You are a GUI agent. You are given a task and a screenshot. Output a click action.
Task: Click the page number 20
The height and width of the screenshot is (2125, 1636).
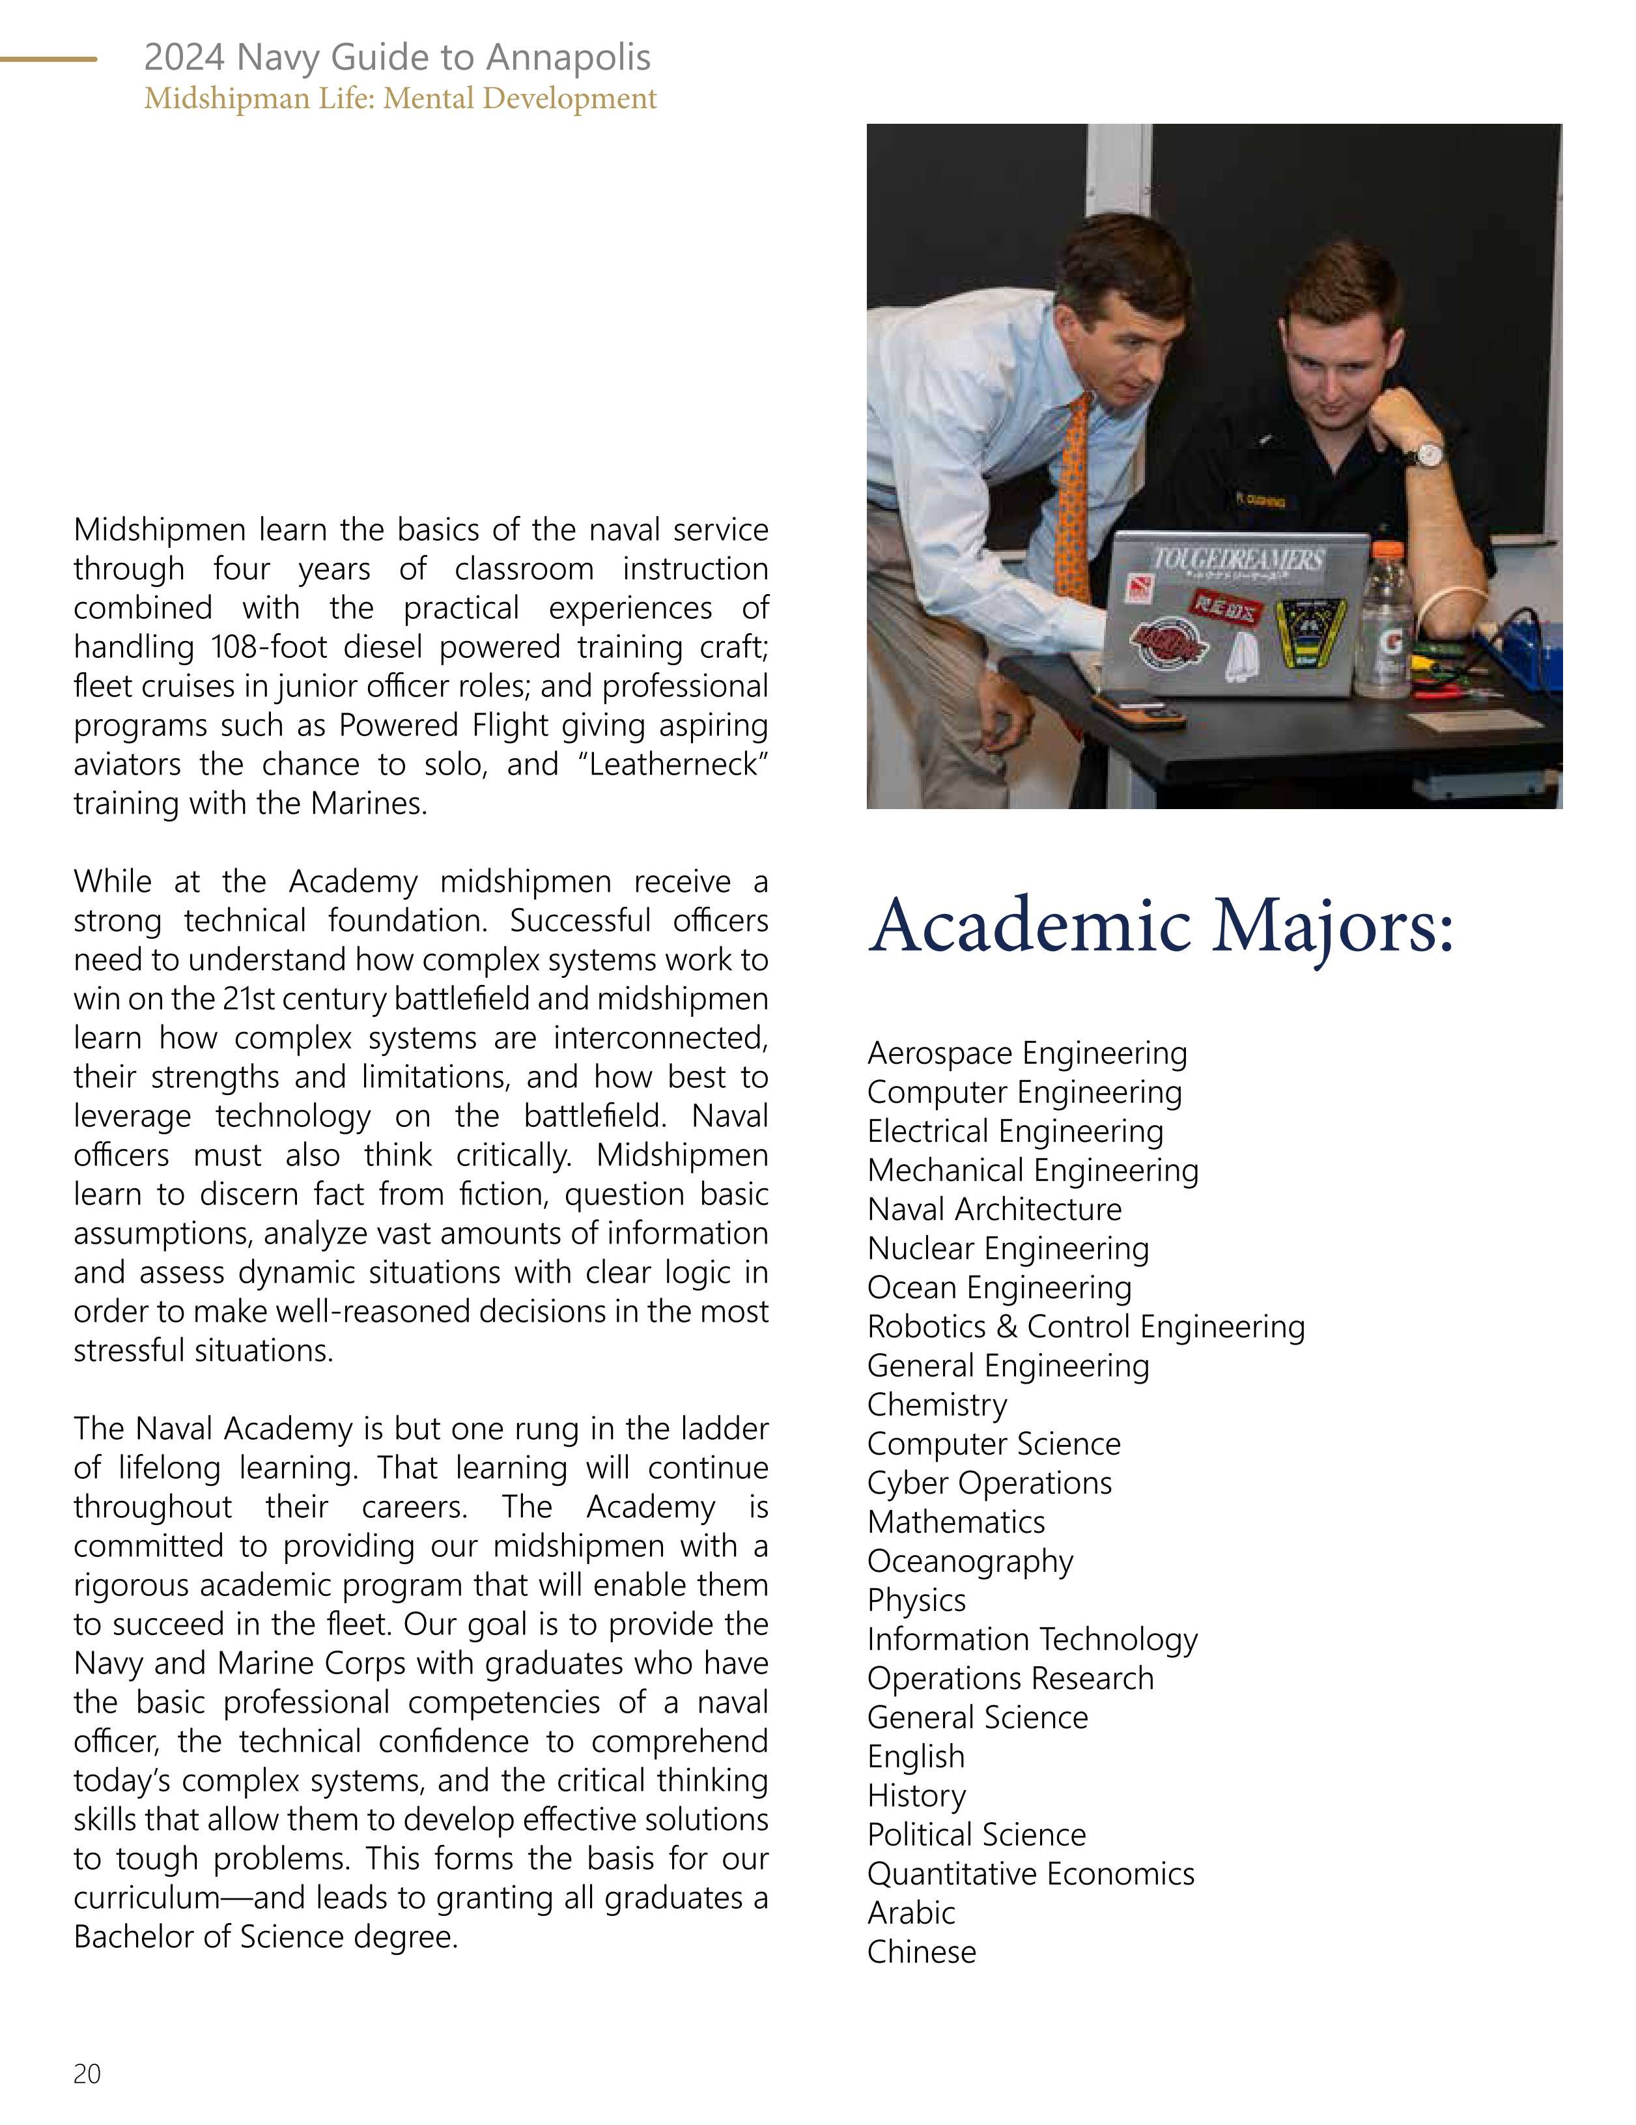pyautogui.click(x=87, y=2074)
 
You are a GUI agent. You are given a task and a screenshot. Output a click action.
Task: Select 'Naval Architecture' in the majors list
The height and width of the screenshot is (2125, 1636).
pyautogui.click(x=994, y=1210)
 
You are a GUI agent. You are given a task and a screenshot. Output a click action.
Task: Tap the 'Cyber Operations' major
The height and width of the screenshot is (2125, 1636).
pyautogui.click(x=989, y=1483)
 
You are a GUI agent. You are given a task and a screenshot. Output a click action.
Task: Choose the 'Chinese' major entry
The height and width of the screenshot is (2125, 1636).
pyautogui.click(x=921, y=1952)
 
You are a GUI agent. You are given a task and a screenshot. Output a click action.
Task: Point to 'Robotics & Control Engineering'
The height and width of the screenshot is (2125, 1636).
pyautogui.click(x=1086, y=1326)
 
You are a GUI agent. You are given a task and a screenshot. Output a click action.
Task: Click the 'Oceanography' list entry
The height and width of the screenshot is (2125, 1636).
pyautogui.click(x=970, y=1561)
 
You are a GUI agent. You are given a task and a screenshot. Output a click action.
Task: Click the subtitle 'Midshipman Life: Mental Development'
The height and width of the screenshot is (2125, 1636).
pyautogui.click(x=400, y=98)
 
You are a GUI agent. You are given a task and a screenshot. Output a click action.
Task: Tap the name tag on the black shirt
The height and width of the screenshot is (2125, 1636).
pyautogui.click(x=1261, y=501)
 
